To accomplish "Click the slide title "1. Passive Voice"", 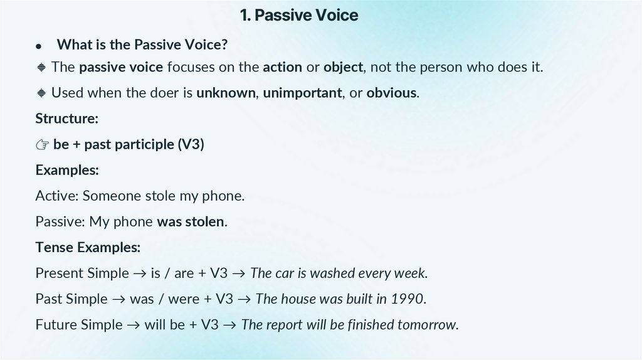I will click(x=299, y=15).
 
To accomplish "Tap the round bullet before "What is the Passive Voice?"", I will click(x=39, y=46).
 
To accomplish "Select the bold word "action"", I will click(x=282, y=67).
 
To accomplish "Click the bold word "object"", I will click(x=342, y=67).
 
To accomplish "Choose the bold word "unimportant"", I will click(x=302, y=93).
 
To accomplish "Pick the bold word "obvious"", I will click(x=391, y=93).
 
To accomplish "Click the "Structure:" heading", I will click(x=66, y=119).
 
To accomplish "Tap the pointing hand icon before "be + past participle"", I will click(x=42, y=145).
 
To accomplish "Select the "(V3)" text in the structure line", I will click(x=191, y=144).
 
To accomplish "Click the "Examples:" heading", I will click(x=67, y=170).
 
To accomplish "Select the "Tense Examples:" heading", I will click(x=88, y=247).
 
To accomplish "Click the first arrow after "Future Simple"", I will click(x=135, y=325).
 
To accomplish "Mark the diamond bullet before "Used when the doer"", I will click(x=41, y=93).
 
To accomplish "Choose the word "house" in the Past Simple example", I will click(x=297, y=299).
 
